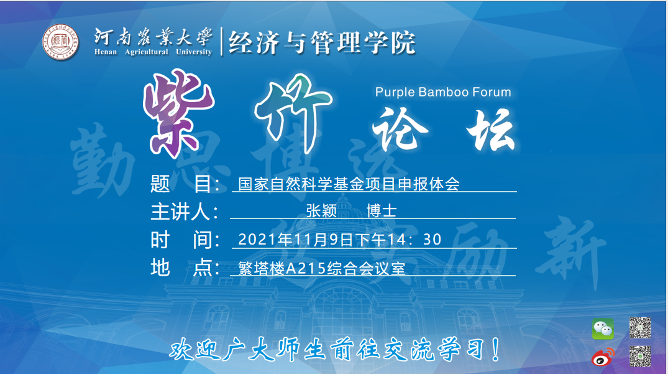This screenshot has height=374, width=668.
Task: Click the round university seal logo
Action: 61,43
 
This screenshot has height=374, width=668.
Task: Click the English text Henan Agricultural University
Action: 153,52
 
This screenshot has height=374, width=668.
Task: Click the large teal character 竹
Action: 290,110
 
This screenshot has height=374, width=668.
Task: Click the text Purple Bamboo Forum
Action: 443,92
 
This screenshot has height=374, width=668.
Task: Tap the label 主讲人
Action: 184,212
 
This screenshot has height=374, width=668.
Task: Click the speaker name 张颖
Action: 321,212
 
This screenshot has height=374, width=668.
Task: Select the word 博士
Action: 381,212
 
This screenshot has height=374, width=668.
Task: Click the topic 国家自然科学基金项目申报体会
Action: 349,184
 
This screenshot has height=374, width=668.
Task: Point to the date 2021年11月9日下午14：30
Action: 340,240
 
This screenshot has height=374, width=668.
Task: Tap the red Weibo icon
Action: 602,357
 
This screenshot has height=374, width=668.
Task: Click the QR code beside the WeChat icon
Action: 640,327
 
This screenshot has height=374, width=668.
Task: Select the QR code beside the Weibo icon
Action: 640,356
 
